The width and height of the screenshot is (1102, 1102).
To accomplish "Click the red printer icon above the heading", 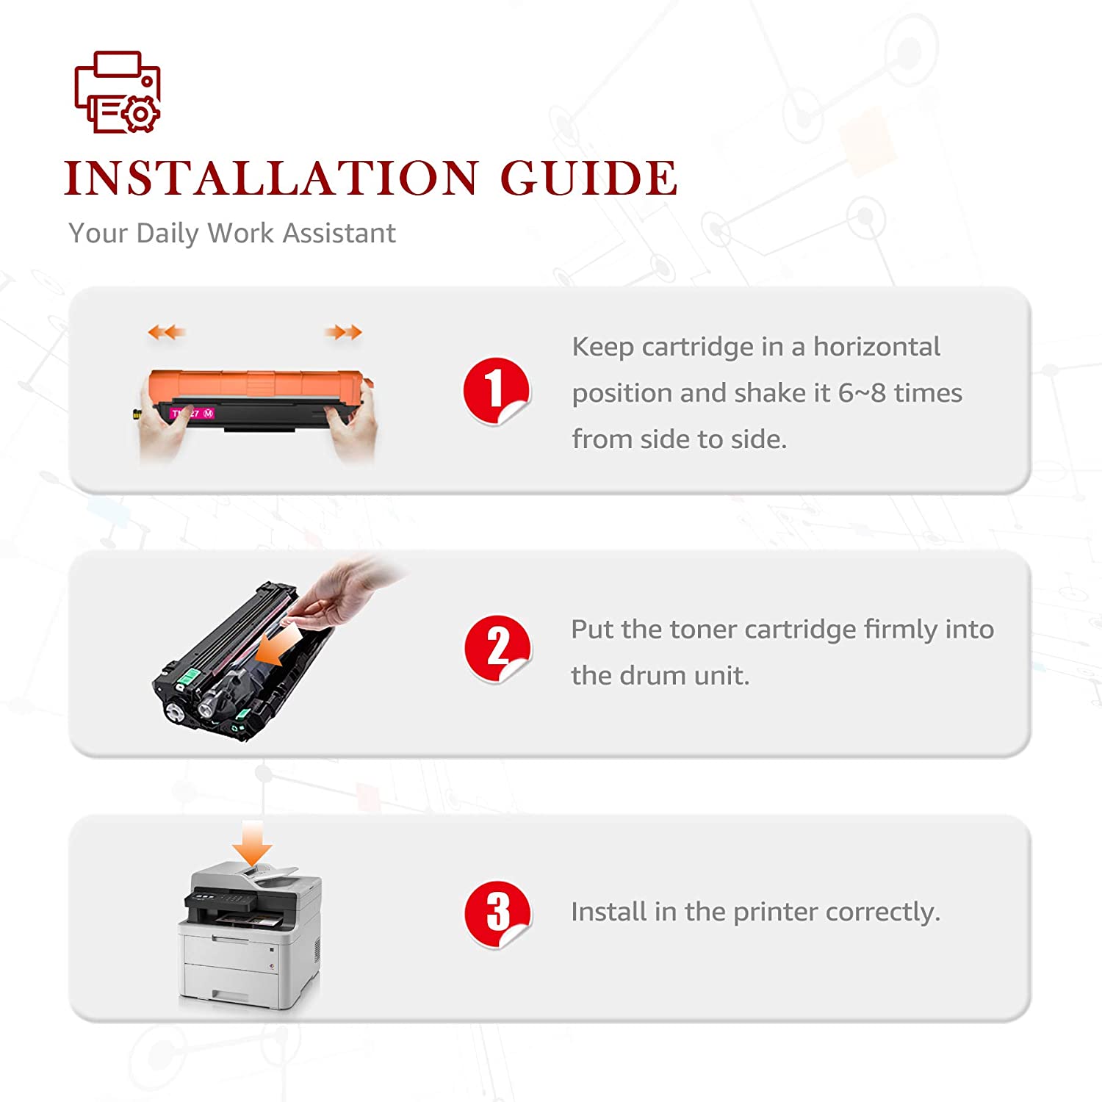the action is [117, 92].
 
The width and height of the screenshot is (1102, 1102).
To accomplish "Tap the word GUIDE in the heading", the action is [588, 179].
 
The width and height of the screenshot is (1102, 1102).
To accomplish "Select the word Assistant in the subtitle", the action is [339, 234].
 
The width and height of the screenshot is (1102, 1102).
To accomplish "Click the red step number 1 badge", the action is [496, 391].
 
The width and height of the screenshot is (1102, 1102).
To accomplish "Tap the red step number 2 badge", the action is [497, 649].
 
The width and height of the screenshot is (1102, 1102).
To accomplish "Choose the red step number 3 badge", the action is [497, 914].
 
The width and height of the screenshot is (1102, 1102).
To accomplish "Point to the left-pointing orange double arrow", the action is [166, 333].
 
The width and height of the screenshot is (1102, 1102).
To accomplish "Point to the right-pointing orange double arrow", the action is [344, 333].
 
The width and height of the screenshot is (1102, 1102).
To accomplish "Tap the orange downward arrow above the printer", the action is [252, 842].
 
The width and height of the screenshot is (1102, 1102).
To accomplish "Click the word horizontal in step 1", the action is [876, 347].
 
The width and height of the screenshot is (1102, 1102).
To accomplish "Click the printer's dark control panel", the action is [221, 901].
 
